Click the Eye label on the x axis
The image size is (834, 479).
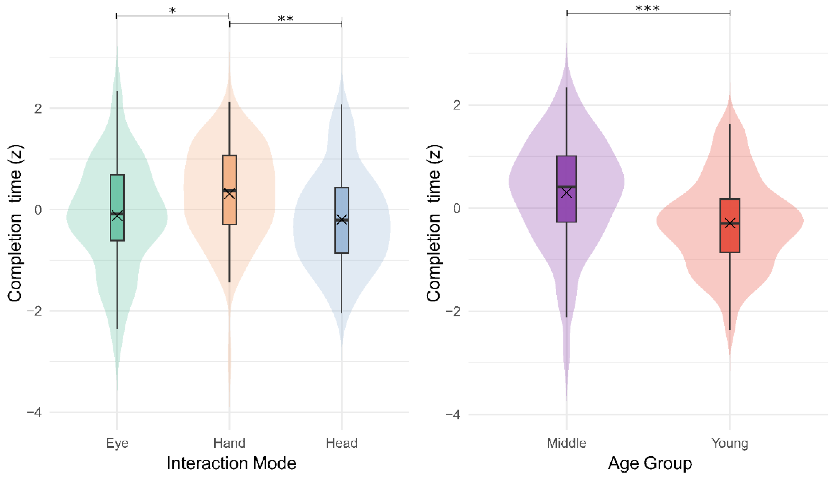117,443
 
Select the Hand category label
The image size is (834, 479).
229,443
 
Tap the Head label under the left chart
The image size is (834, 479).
341,443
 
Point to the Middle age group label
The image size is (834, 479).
566,443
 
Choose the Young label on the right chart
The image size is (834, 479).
730,443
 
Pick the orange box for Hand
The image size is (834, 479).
229,171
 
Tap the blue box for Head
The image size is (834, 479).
342,237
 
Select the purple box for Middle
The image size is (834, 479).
566,171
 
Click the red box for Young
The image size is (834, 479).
730,240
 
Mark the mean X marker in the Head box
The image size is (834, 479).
342,220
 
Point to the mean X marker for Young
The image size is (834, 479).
730,223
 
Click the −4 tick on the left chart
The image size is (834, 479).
34,412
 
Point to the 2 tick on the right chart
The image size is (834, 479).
456,105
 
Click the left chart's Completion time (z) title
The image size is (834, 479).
15,223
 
